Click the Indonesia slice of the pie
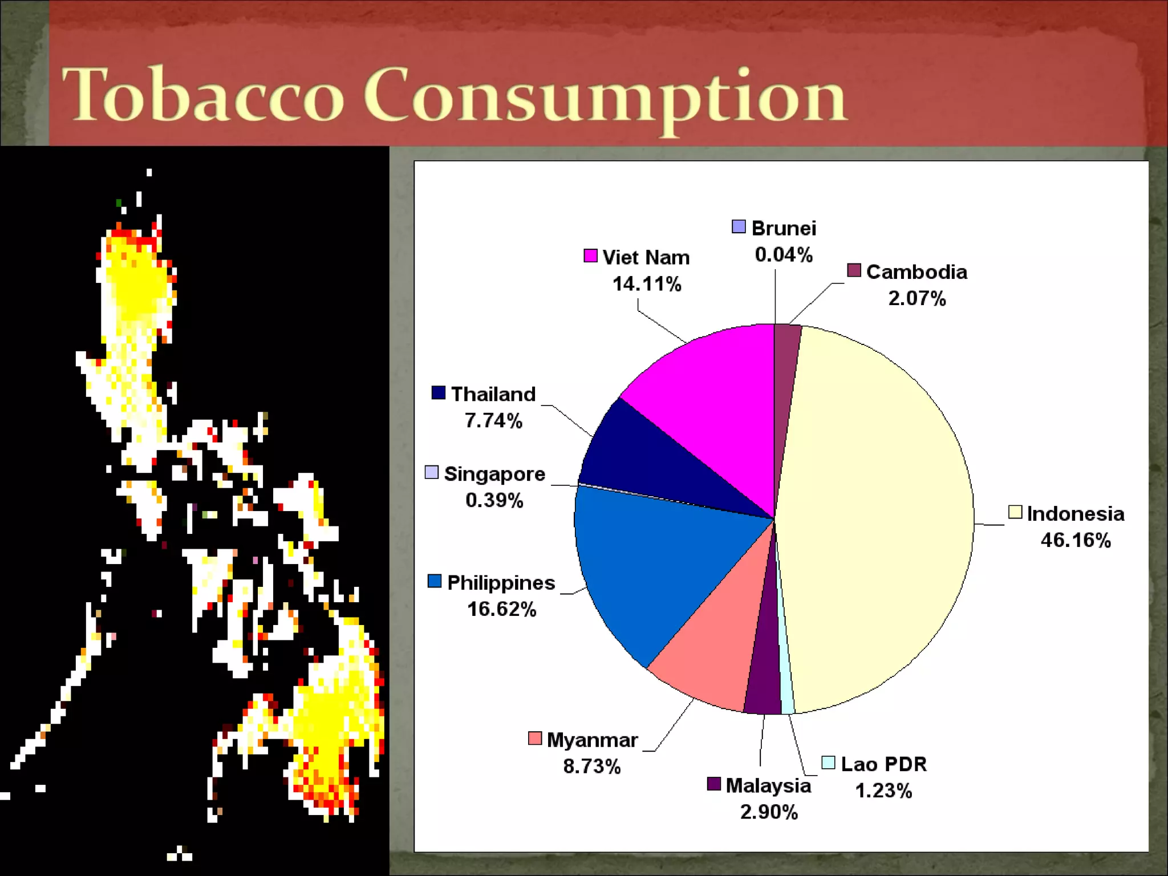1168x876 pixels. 878,513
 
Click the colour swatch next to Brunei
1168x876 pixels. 739,227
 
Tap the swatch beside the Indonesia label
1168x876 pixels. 1015,512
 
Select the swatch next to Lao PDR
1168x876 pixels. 828,763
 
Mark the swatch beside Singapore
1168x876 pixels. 432,472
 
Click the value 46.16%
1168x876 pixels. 1076,540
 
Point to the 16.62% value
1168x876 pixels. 501,609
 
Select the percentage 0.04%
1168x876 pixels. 784,255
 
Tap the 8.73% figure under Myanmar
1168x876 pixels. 591,766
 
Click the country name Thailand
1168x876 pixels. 493,394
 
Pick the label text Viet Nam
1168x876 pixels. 646,258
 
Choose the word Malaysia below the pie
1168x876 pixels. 768,786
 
